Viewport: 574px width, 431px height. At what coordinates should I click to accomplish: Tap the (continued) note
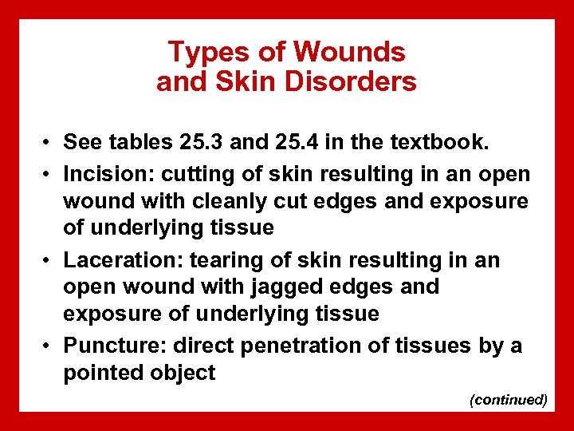click(509, 399)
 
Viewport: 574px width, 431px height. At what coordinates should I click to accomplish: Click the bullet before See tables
click(49, 143)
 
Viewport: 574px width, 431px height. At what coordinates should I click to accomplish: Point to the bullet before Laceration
click(49, 261)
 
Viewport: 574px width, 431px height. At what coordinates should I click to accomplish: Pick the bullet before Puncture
click(49, 346)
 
